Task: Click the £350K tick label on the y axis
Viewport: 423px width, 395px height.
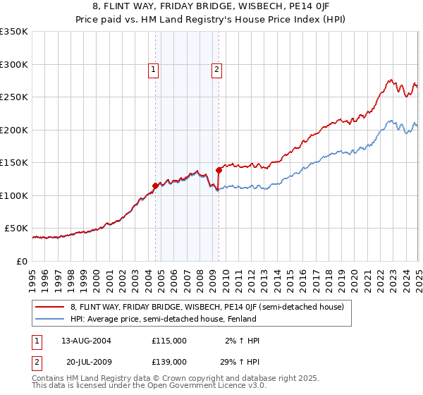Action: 14,32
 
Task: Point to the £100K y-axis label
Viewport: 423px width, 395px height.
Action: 14,195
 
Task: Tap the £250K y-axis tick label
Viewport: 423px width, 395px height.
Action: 14,97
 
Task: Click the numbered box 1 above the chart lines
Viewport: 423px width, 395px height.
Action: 153,69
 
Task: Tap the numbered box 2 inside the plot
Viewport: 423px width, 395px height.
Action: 216,69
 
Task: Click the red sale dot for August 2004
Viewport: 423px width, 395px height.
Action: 156,186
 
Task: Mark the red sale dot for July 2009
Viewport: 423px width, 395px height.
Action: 219,170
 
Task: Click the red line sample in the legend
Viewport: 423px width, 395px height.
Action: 50,307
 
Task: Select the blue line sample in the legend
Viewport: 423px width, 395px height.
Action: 50,319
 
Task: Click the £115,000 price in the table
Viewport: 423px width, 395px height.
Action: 169,341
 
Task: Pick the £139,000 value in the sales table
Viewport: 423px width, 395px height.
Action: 169,361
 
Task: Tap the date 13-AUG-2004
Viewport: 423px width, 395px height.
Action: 87,341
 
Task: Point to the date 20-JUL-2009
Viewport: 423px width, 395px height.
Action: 87,361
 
